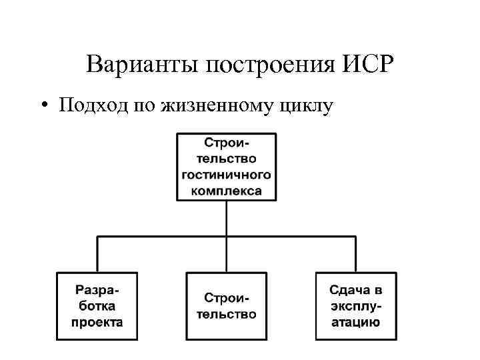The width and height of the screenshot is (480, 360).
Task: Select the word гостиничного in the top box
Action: [x=227, y=175]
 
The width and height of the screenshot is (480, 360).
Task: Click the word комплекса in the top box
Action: [x=227, y=190]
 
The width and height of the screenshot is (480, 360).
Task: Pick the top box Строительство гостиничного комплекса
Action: [x=227, y=167]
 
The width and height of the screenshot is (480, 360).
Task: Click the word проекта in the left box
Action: [x=97, y=322]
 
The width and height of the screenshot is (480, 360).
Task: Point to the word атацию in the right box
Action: [x=356, y=322]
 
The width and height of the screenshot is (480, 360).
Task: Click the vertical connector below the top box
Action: [x=227, y=217]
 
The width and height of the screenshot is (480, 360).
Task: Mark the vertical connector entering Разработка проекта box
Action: [x=98, y=254]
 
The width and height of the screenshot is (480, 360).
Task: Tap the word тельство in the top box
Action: [x=227, y=159]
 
